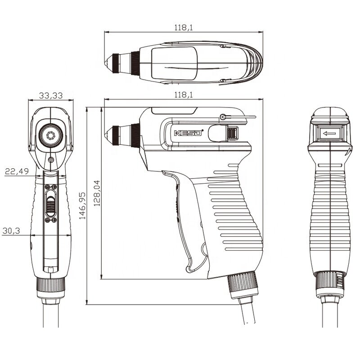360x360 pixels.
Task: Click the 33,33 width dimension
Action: pyautogui.click(x=50, y=95)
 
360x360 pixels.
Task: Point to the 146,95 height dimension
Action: pyautogui.click(x=82, y=206)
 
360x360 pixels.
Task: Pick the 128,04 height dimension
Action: pyautogui.click(x=96, y=193)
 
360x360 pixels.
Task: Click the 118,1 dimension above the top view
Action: pyautogui.click(x=183, y=28)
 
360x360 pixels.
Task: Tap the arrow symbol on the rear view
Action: pyautogui.click(x=329, y=134)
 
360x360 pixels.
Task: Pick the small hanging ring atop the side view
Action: pyautogui.click(x=223, y=117)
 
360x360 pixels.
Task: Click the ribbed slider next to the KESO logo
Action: pyautogui.click(x=232, y=134)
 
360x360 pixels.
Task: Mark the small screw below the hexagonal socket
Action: pyautogui.click(x=50, y=160)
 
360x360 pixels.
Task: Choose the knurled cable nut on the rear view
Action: pyautogui.click(x=330, y=281)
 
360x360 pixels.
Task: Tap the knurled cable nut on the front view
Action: pyautogui.click(x=50, y=285)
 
